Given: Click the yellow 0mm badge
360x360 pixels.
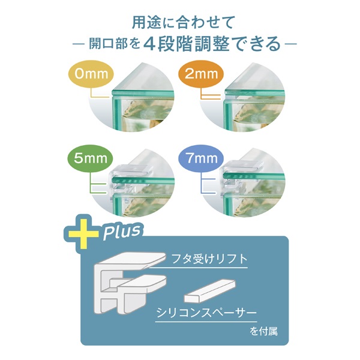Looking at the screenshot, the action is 91,74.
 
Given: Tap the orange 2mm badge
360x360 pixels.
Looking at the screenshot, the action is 201,74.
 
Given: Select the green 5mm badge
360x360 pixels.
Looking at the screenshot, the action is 91,158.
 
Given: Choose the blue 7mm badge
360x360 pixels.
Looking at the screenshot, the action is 202,158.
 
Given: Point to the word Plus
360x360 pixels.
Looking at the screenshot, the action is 122,231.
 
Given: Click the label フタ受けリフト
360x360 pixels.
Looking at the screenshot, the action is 209,259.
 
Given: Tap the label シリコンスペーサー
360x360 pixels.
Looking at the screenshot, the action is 206,313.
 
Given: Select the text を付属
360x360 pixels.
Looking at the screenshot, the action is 263,332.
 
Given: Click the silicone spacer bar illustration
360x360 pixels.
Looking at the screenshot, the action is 210,290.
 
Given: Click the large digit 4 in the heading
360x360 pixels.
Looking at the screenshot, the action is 150,44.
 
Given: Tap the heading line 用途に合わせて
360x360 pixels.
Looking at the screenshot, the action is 183,22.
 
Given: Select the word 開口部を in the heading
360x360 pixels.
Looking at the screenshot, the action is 115,44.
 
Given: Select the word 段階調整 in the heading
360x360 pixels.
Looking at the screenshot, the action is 193,44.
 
